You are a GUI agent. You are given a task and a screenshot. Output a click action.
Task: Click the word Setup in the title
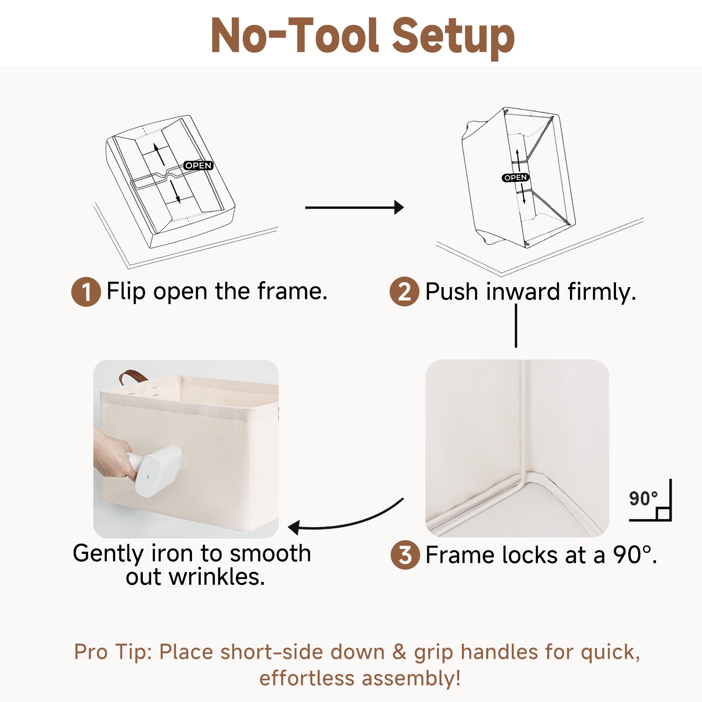[x=453, y=38]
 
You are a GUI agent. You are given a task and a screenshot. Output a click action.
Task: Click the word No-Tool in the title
[x=295, y=35]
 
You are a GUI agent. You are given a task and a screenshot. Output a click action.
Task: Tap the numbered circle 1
[x=86, y=292]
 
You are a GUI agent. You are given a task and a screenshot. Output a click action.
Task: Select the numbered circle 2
[x=404, y=291]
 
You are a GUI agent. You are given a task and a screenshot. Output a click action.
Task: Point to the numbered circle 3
[x=405, y=555]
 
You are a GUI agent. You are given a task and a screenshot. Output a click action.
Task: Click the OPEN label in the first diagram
[x=198, y=166]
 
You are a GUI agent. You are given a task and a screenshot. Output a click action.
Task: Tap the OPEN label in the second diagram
[x=516, y=178]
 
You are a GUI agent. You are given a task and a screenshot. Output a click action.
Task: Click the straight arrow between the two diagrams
[x=354, y=207]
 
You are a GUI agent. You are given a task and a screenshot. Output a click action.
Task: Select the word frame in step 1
[x=292, y=291]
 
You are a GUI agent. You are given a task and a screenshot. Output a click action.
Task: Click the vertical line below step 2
[x=516, y=326]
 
